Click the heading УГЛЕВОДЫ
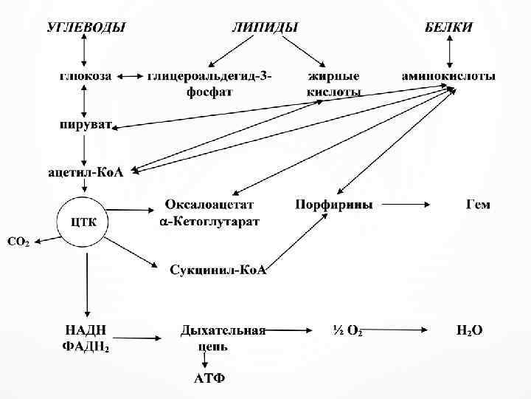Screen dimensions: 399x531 [86, 27]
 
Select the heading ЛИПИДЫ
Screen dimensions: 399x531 [265, 27]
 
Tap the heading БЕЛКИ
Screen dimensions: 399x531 [448, 27]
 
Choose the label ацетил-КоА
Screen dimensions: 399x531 [86, 172]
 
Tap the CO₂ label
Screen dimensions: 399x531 [18, 242]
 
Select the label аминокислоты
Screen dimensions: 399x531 [448, 76]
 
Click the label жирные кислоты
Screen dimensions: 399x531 [334, 83]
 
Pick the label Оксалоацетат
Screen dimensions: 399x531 [209, 204]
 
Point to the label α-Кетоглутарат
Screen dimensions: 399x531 [209, 221]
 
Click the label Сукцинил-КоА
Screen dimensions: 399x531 [218, 270]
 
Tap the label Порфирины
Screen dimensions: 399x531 [334, 204]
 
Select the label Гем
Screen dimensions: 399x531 [478, 204]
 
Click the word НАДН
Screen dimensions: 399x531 [83, 330]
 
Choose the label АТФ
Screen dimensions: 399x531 [209, 380]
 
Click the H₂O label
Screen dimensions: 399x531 [470, 330]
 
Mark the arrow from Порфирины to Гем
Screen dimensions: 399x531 [409, 204]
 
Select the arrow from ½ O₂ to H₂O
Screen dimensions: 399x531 [402, 330]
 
